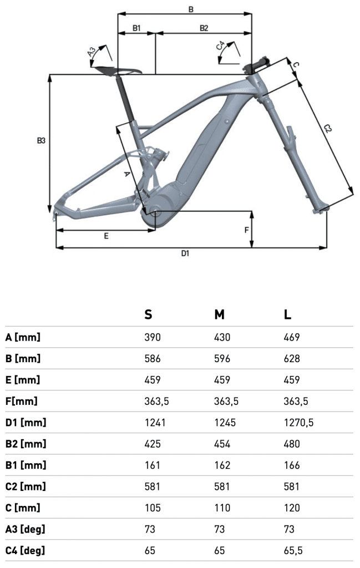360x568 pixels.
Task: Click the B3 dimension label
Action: pos(41,140)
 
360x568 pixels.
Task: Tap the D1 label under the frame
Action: pos(185,253)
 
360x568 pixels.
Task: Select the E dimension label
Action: pos(106,236)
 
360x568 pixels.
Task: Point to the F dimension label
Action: pos(247,230)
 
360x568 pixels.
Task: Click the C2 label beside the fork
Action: pos(327,128)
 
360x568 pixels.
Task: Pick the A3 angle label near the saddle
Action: pos(92,52)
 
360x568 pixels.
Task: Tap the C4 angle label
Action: pos(220,46)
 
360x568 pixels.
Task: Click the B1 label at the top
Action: pos(136,28)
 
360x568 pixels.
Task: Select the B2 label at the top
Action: pos(204,28)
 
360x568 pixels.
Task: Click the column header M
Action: pos(219,315)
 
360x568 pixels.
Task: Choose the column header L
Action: pos(287,315)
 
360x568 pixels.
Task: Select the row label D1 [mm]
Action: pos(26,422)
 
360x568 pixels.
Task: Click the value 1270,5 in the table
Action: pos(299,422)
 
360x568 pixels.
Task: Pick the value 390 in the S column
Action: pos(152,337)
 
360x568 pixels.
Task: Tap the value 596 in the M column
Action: pos(222,359)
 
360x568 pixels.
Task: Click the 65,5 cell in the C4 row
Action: pos(293,551)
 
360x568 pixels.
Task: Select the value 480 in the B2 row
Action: pos(292,444)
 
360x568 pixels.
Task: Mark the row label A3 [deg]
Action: pos(26,529)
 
